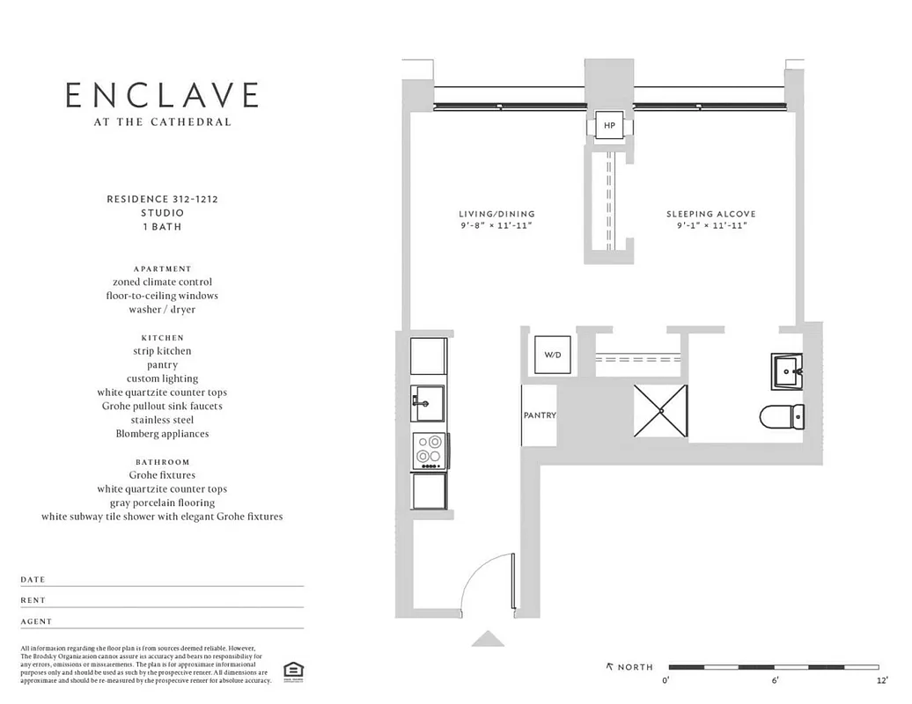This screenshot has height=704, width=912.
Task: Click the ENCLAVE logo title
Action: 163,95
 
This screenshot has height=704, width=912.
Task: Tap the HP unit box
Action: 609,127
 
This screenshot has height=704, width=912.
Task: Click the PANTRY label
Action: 540,415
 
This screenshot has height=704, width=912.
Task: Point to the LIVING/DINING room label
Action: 496,214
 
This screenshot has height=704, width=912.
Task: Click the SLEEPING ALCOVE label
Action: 710,214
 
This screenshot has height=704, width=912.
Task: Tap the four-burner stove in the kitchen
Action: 429,450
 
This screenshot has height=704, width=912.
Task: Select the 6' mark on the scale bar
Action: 775,680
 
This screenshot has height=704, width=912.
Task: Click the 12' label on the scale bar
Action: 882,680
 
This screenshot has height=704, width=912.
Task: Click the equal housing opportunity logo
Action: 291,671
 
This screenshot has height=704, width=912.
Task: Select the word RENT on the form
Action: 33,600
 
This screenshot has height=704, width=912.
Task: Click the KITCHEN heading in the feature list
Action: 162,337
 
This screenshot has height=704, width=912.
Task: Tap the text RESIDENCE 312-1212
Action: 162,200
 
